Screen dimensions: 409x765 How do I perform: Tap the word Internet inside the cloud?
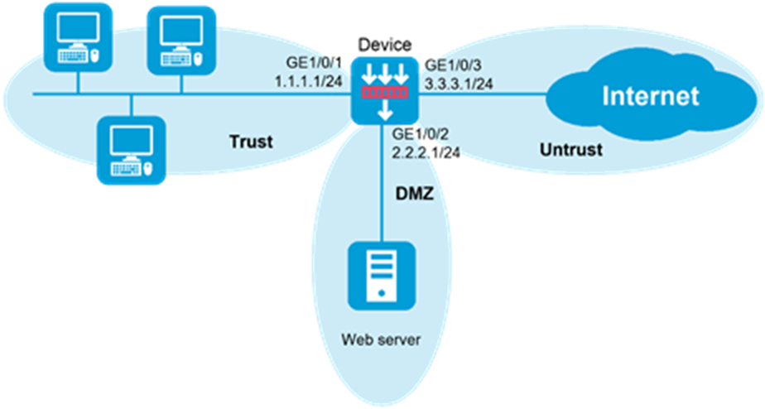coord(650,96)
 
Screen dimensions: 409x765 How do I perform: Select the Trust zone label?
coord(250,142)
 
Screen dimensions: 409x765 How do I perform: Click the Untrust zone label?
coord(570,150)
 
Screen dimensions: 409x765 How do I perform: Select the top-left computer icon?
coord(79,36)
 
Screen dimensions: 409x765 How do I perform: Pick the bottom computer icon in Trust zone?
coord(131,149)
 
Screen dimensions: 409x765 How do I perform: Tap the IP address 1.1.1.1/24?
coord(308,84)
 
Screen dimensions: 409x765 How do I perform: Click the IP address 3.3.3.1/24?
coord(459,84)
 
